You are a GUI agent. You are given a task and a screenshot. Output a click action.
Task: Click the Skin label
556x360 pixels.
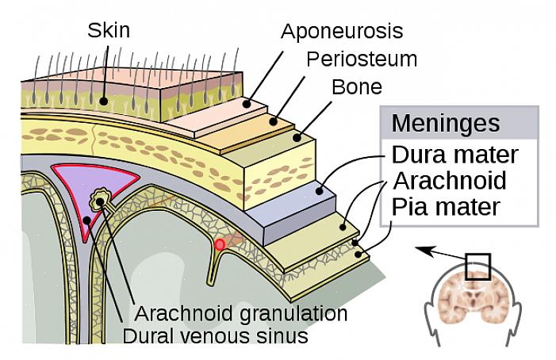(x=108, y=31)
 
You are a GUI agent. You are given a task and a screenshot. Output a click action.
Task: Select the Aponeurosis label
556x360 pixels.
(x=342, y=32)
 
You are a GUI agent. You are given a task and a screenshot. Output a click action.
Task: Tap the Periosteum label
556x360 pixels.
(x=361, y=59)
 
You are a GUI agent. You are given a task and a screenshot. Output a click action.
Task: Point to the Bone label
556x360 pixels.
(x=355, y=86)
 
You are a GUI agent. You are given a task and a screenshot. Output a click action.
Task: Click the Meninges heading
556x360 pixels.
(x=446, y=124)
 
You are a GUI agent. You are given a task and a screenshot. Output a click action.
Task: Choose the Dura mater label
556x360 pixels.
(x=454, y=154)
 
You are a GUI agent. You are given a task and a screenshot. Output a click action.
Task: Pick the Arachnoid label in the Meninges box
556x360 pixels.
(x=449, y=180)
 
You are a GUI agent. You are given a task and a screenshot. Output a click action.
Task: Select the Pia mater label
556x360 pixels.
(x=446, y=207)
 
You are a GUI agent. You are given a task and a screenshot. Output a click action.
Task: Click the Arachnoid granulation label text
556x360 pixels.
(x=240, y=312)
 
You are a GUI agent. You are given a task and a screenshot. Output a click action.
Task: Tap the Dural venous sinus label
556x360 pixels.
(x=215, y=336)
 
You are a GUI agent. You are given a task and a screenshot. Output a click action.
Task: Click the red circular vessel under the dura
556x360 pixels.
(x=220, y=244)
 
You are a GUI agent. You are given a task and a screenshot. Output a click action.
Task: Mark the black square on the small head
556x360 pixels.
(x=478, y=266)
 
